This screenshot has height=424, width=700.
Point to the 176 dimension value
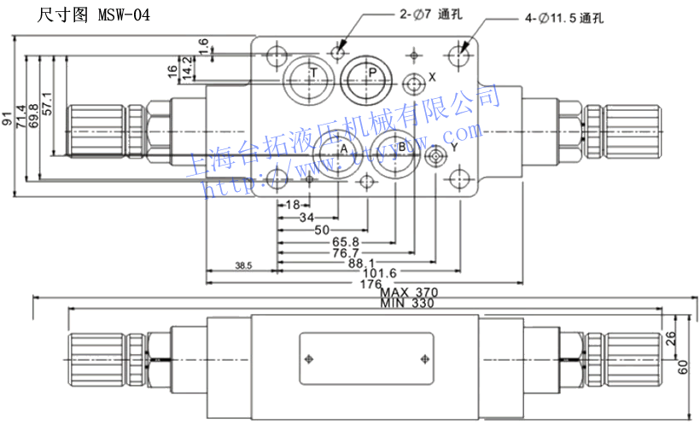point(370,284)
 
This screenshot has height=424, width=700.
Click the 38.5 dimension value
point(243,267)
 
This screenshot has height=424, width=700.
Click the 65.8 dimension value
point(347,241)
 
